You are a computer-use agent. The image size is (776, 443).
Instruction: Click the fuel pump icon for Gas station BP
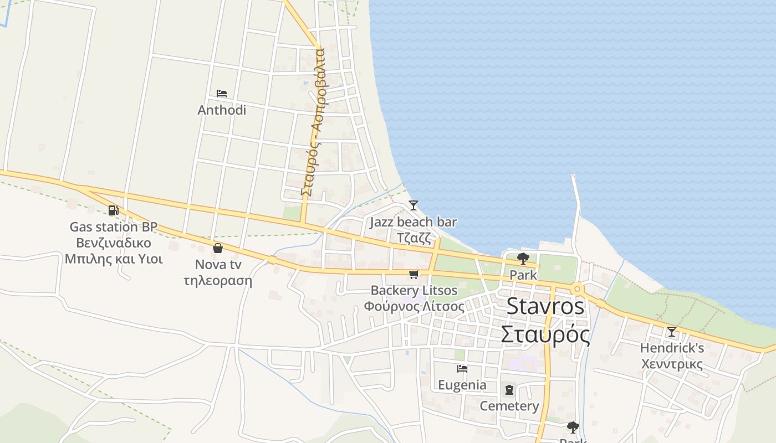113,210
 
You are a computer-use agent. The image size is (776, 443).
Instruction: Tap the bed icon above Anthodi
222,93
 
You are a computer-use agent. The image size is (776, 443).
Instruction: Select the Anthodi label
222,110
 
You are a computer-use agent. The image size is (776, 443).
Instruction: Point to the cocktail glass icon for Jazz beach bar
413,205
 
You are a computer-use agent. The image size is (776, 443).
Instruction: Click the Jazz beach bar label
413,222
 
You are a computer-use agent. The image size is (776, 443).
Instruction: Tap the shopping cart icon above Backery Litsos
413,274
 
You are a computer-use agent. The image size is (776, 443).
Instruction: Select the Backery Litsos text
414,290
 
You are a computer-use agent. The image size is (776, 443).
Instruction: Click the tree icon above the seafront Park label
523,258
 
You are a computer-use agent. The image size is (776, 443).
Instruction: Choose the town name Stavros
545,306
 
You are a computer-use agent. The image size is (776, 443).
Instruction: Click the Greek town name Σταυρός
545,334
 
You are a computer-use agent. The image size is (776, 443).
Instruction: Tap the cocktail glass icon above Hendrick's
672,332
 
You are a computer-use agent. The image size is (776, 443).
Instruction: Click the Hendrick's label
672,348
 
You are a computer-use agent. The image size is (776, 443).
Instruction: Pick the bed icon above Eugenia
462,368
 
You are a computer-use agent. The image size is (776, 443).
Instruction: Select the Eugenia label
462,385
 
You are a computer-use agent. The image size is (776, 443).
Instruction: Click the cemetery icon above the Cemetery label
509,390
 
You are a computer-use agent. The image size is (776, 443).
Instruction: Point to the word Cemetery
509,406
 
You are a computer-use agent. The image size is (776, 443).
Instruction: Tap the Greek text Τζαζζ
413,238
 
